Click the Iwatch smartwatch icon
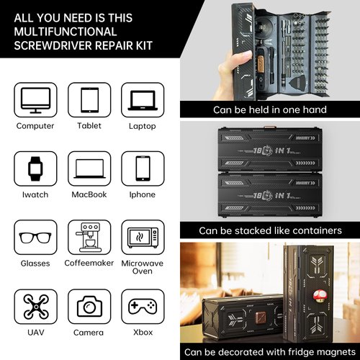pos(35,169)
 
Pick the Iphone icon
pos(142,169)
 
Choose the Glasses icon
pos(35,238)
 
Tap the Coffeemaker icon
pos(88,238)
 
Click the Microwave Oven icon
pos(142,238)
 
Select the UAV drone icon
pos(35,307)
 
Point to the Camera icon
pos(88,307)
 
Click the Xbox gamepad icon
pos(142,307)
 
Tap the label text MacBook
pos(88,194)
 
